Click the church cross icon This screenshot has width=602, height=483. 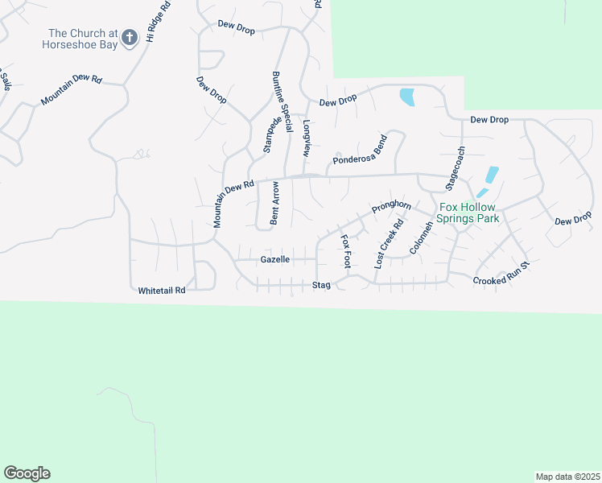(x=130, y=37)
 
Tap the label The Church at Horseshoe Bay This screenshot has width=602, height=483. (x=77, y=39)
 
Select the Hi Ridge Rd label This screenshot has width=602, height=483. (x=159, y=21)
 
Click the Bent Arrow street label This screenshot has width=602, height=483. (x=275, y=202)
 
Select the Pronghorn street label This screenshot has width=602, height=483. (x=392, y=208)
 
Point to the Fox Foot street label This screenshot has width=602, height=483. (x=346, y=251)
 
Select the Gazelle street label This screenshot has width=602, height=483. (x=275, y=260)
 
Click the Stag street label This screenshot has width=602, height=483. (x=322, y=285)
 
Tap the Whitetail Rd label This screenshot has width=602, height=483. (x=162, y=290)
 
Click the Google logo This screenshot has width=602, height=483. (x=27, y=473)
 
